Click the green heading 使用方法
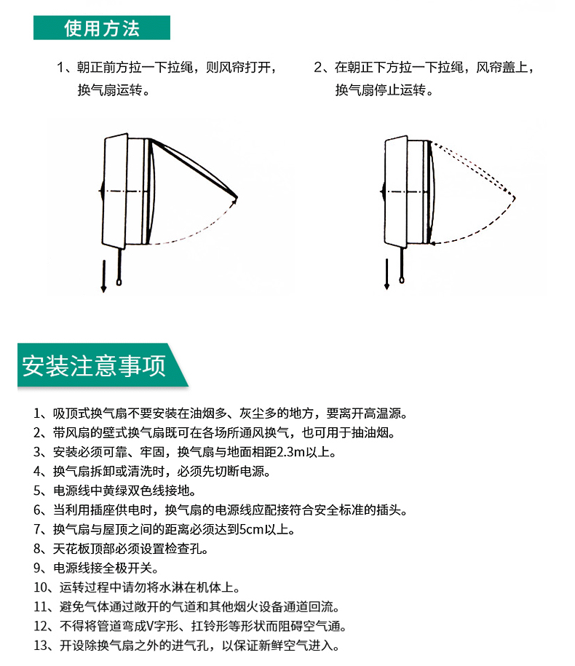[102, 28]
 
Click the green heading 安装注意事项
[94, 365]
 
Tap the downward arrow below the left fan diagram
[103, 276]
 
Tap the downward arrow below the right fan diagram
[386, 274]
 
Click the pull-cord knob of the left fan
[119, 282]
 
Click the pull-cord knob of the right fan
[402, 280]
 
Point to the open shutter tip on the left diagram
[236, 197]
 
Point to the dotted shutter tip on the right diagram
[515, 197]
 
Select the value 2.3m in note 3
[291, 452]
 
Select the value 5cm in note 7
[251, 530]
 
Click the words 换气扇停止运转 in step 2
[380, 90]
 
